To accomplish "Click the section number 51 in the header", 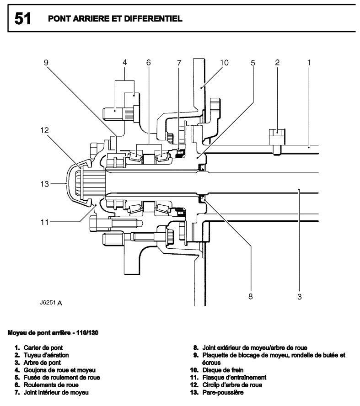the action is click(x=22, y=19).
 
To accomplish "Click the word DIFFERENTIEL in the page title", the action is click(x=153, y=19).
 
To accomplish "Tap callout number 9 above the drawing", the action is click(x=46, y=63).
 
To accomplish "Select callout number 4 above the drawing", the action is click(x=125, y=62).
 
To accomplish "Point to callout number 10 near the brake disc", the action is click(x=224, y=63).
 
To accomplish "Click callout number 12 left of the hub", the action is click(x=44, y=130).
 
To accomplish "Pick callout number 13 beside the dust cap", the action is click(x=44, y=184).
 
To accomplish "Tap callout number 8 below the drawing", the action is click(x=251, y=296).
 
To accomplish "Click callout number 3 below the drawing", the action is click(x=300, y=296).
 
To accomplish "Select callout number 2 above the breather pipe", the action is click(x=277, y=63).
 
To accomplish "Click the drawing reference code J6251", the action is click(x=48, y=302).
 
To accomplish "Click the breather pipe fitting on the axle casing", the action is click(x=277, y=142).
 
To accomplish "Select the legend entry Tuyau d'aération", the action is click(x=46, y=355).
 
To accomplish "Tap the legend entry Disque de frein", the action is click(x=223, y=370).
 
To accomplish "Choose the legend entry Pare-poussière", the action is click(x=223, y=393).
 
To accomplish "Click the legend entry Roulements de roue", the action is click(x=51, y=385).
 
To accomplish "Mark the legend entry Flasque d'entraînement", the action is click(x=234, y=378).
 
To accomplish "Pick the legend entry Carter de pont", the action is click(x=43, y=348).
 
